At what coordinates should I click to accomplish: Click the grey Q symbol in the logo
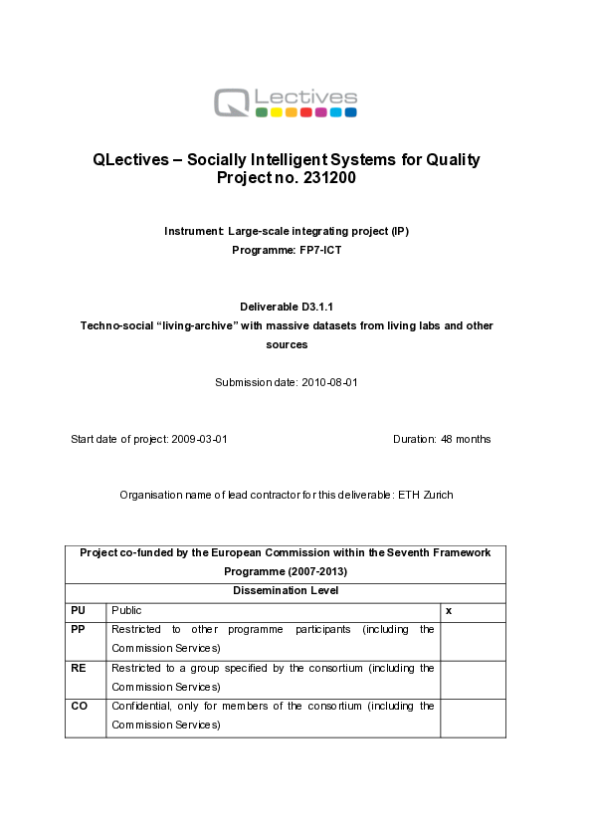(232, 102)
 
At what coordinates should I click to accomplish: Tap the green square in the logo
(261, 113)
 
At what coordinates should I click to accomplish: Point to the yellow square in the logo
(276, 113)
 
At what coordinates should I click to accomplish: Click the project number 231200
(323, 178)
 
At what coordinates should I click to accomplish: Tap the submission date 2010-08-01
(328, 382)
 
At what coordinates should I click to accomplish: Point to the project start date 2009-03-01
(199, 439)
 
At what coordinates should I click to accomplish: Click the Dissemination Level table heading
(286, 590)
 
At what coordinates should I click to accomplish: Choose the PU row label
(78, 610)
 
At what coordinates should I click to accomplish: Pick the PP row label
(78, 629)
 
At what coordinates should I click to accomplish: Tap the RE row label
(78, 668)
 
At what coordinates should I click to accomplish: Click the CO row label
(79, 706)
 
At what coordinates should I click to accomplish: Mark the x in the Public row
(449, 610)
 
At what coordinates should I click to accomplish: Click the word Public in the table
(126, 610)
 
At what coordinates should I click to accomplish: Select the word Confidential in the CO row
(140, 706)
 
